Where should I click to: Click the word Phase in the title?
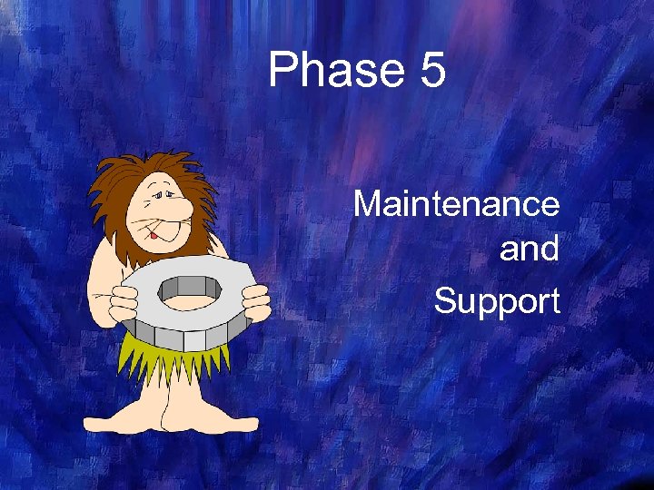tap(336, 71)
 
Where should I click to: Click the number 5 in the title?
tap(432, 71)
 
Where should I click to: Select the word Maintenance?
tap(456, 203)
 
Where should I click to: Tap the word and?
tap(529, 249)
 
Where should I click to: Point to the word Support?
tap(497, 301)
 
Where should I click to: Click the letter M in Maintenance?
tap(366, 203)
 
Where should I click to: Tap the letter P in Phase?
tap(283, 71)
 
